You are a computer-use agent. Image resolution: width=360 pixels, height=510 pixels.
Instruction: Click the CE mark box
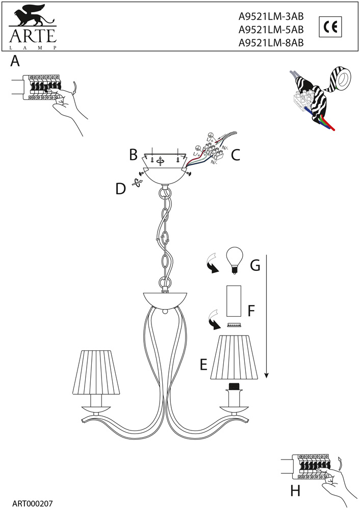pos(330,27)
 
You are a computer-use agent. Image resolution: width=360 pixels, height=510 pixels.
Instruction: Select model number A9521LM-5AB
pos(271,30)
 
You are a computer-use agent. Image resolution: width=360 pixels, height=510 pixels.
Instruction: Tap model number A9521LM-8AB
pos(271,43)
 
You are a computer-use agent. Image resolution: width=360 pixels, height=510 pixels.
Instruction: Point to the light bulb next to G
pos(235,260)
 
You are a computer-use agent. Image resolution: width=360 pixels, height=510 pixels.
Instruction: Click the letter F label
pos(251,311)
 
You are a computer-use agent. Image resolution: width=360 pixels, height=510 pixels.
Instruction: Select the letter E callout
pos(203,364)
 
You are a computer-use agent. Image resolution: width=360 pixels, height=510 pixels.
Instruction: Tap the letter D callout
pos(121,189)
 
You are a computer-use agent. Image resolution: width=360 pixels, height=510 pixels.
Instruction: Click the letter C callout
pos(236,155)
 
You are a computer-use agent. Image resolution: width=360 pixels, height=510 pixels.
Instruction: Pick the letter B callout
pos(133,155)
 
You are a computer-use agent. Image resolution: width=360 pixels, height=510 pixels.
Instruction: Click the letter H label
pos(295,491)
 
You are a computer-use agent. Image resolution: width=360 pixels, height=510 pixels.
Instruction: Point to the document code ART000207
pos(32,504)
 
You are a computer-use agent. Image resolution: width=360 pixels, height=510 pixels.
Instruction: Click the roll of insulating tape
pos(341,79)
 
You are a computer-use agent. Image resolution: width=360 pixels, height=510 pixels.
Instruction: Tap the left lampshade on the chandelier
pos(96,372)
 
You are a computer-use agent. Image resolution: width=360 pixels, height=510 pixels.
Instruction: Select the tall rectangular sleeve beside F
pos(234,301)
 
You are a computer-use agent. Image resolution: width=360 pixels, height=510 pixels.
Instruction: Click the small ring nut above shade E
pos(234,325)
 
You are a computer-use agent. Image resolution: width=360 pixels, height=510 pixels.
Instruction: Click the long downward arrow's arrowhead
pos(267,375)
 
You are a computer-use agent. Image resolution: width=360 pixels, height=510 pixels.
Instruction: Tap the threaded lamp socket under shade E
pos(234,387)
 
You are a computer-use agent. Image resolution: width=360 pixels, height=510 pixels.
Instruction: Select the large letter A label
pos(15,61)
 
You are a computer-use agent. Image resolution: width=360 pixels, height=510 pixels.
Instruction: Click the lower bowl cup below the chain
pos(165,299)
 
